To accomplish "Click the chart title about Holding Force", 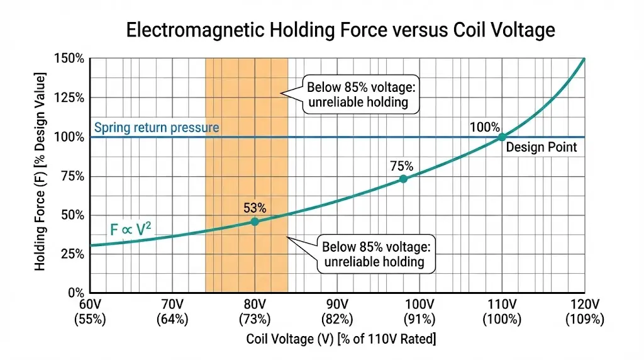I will click(x=340, y=30).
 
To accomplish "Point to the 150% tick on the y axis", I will click(x=70, y=59).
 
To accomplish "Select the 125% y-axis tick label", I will click(x=70, y=98).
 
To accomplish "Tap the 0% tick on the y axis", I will click(x=75, y=293).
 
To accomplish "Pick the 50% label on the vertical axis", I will click(x=73, y=215).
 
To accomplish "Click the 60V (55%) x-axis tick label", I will click(x=91, y=312).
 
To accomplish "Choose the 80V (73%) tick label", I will click(x=255, y=312).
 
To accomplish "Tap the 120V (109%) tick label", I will click(x=584, y=312).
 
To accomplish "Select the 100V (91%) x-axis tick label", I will click(x=419, y=312).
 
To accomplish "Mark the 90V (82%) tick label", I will click(x=337, y=312).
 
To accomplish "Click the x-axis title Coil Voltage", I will click(x=340, y=340).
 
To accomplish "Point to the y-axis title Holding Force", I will click(x=41, y=172).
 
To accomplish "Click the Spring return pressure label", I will click(x=156, y=128).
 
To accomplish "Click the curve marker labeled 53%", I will click(x=255, y=222).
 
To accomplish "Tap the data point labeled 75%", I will click(x=403, y=179).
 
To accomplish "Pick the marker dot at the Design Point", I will click(x=502, y=137).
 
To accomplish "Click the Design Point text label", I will click(x=541, y=149).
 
